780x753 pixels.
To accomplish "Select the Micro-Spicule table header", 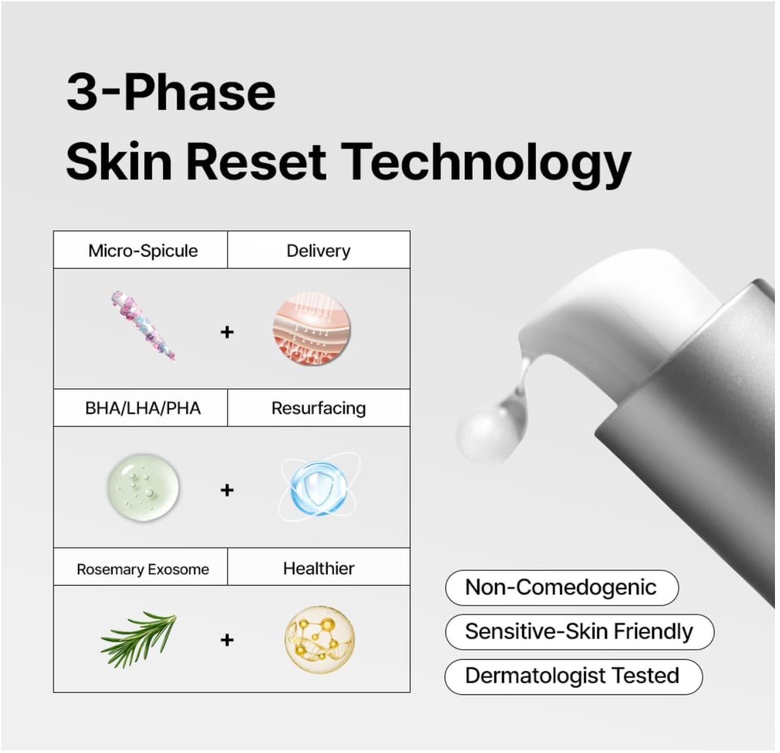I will click(x=143, y=251).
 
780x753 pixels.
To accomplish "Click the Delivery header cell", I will click(x=318, y=251).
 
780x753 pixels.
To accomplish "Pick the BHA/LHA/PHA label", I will click(x=143, y=408).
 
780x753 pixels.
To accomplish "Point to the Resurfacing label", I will click(x=318, y=408).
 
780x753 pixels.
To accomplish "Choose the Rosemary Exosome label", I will click(x=143, y=569).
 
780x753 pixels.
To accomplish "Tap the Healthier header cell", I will click(x=318, y=569).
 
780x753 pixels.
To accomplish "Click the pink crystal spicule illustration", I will click(x=143, y=326).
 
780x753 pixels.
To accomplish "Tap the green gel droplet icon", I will click(x=143, y=488).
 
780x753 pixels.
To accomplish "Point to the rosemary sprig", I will click(x=139, y=637).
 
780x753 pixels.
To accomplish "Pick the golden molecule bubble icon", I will click(x=319, y=640).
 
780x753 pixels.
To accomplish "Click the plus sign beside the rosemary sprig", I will click(x=227, y=640).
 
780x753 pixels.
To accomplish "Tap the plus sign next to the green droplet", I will click(x=227, y=490).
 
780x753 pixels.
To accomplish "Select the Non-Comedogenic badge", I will click(x=561, y=587).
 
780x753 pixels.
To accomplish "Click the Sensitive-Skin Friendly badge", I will click(x=579, y=631).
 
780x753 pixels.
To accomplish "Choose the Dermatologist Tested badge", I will click(x=572, y=676).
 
